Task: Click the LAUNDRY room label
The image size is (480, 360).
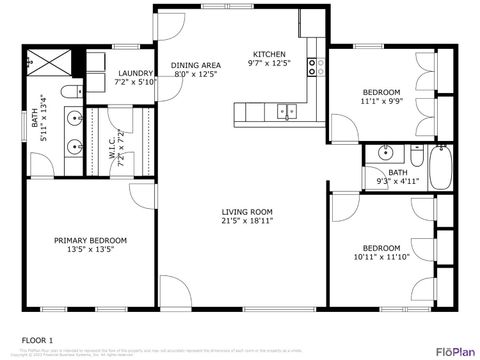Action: tap(135, 73)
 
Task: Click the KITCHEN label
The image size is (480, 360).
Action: tap(269, 53)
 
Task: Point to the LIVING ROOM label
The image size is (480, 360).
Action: tap(247, 212)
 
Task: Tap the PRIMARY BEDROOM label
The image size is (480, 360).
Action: tap(91, 240)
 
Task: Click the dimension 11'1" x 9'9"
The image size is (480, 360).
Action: tap(380, 101)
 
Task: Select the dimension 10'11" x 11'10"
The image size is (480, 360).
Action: tap(381, 257)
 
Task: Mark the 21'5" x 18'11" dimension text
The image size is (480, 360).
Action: tap(247, 222)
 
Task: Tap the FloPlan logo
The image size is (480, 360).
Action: tap(453, 351)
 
